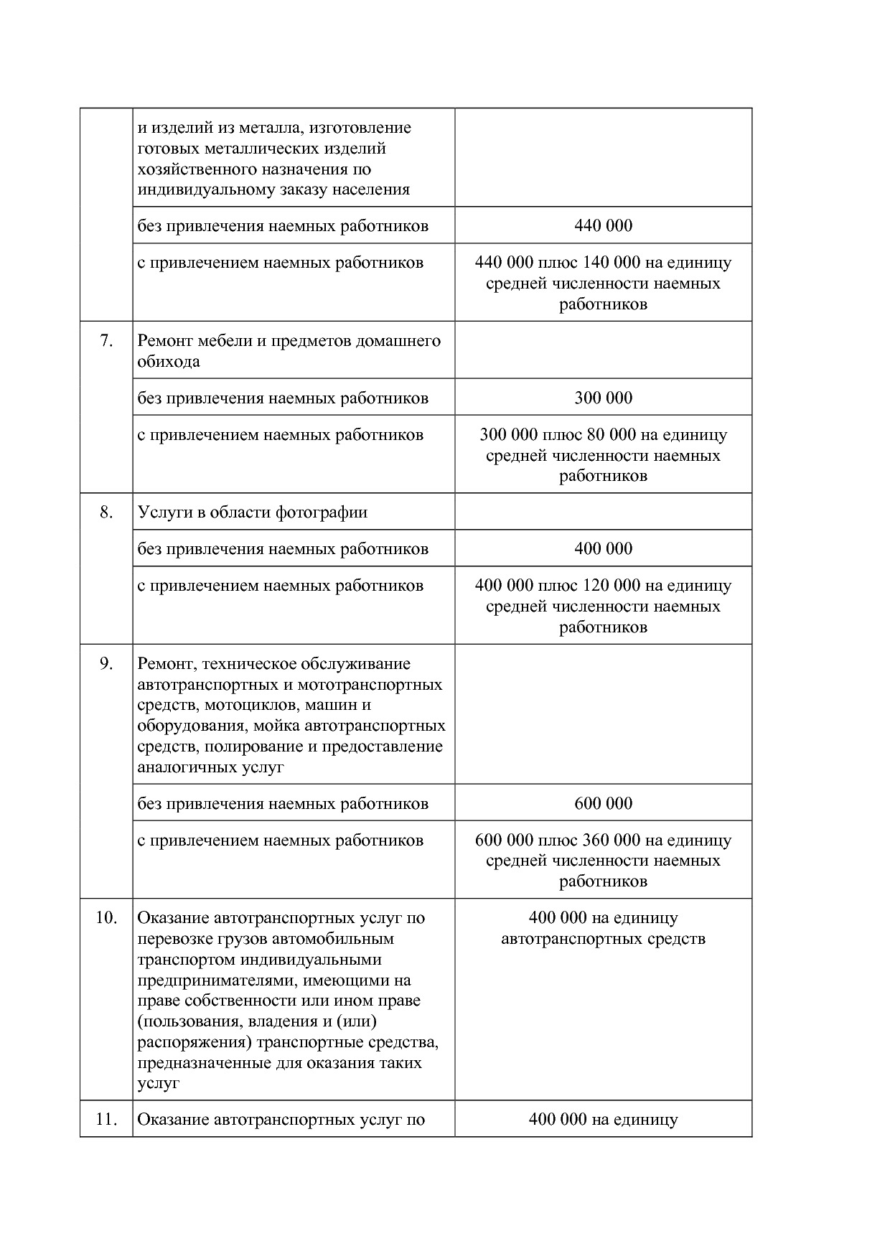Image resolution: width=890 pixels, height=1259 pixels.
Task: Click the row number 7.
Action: click(x=106, y=341)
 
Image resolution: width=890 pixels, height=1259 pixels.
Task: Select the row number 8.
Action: click(x=106, y=513)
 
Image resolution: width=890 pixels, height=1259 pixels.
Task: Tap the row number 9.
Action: click(x=106, y=664)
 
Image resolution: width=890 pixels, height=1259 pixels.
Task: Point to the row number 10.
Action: click(x=106, y=918)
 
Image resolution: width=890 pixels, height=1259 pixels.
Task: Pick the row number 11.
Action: click(x=106, y=1120)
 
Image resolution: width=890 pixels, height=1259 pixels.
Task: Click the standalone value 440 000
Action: click(x=603, y=226)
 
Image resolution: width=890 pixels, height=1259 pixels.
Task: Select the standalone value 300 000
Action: click(x=603, y=398)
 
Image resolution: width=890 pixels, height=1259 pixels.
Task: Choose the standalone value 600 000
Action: click(x=603, y=804)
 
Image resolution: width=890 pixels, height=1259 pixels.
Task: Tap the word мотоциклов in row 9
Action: click(x=240, y=706)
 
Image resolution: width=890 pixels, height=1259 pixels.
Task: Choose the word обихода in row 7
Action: click(x=169, y=362)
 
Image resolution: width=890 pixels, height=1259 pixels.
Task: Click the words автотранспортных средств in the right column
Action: click(x=603, y=939)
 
